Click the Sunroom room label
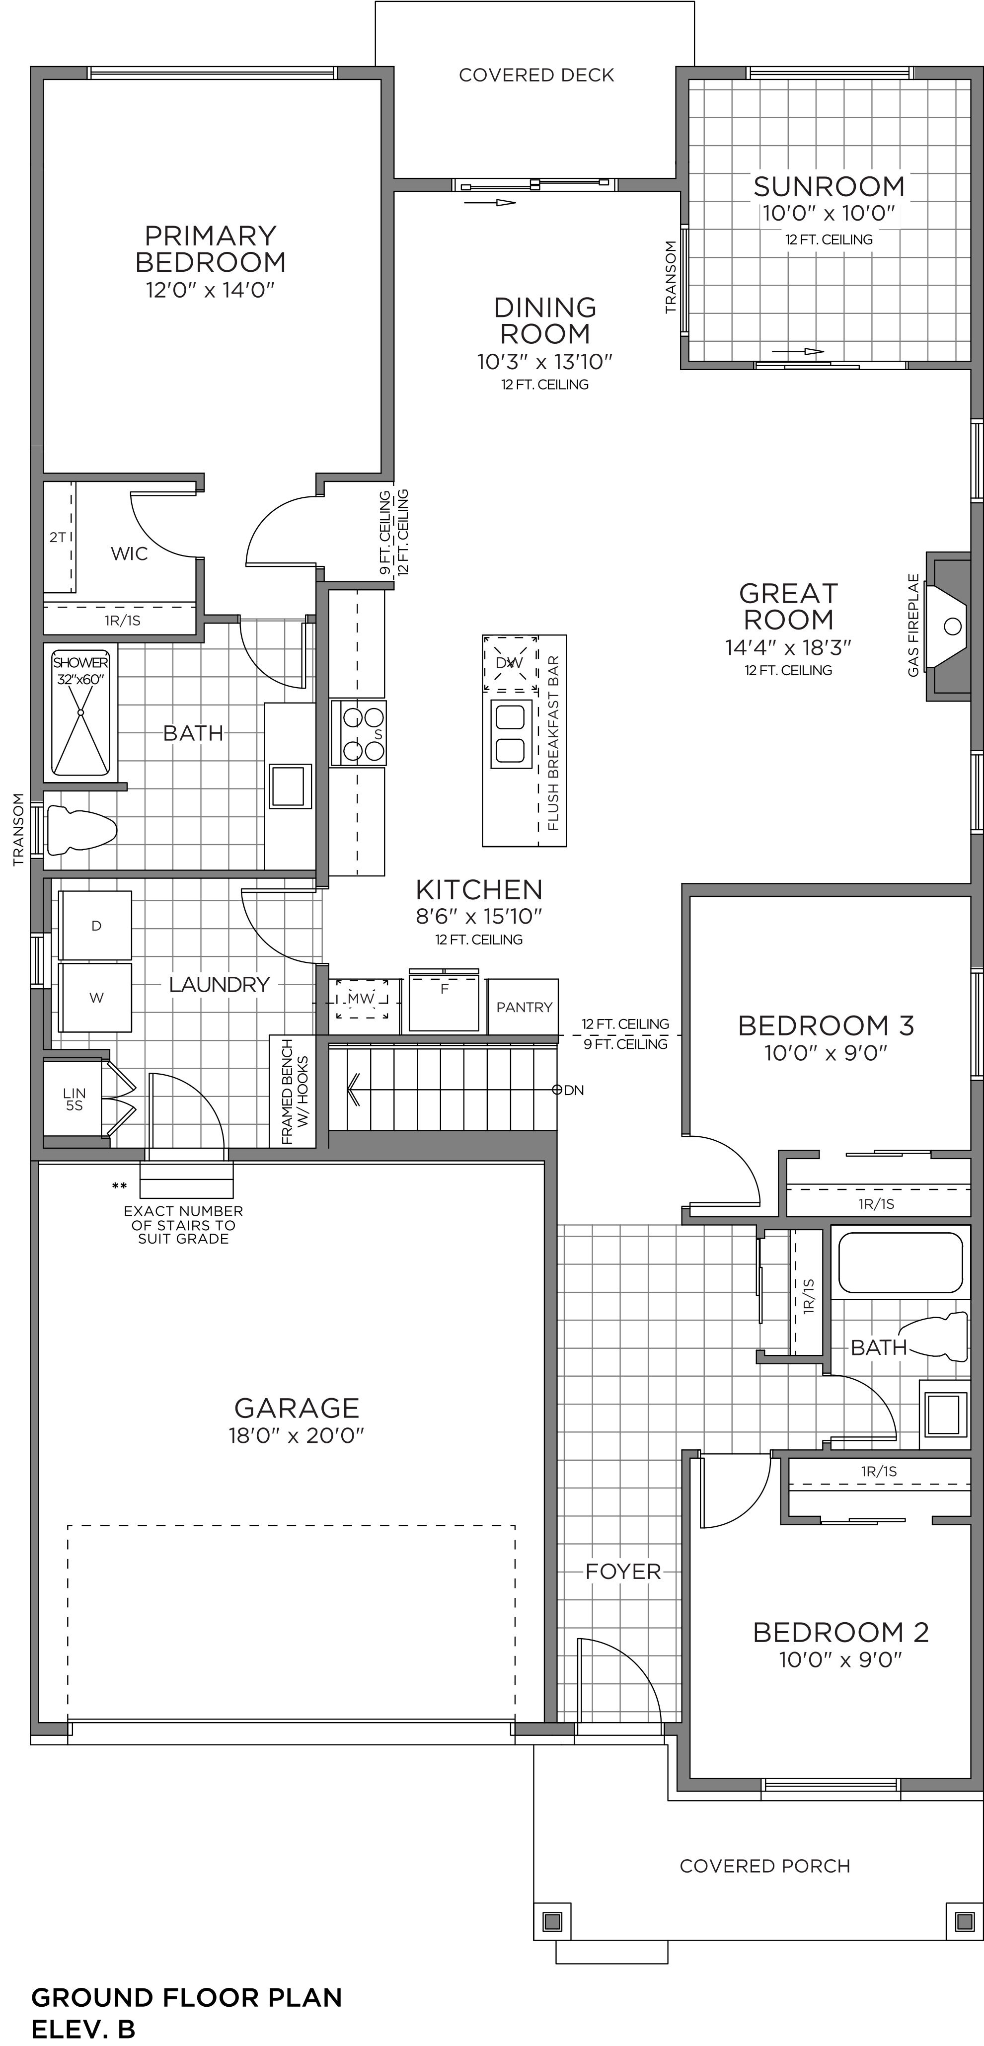[829, 187]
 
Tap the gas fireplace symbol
[949, 627]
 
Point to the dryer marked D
[96, 925]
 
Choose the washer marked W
[96, 998]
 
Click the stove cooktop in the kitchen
[358, 732]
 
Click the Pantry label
[524, 1007]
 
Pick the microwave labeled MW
[361, 998]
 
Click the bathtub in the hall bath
[901, 1262]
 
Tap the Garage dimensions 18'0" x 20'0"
[296, 1435]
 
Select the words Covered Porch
[765, 1866]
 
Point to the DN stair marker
[569, 1090]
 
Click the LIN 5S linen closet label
[74, 1099]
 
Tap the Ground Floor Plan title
[187, 1997]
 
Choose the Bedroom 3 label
[826, 1025]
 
